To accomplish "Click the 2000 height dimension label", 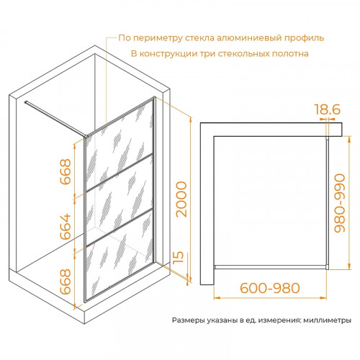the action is pos(181,199).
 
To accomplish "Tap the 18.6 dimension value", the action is pos(328,109).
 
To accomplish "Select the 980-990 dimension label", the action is pos(340,203).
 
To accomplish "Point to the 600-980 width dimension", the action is pos(270,288).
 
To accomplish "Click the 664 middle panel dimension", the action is pos(66,227).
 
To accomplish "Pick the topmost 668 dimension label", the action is pos(66,171).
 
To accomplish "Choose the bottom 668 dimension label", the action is pos(66,282).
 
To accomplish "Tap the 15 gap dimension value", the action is pos(178,257).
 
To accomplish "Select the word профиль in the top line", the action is pos(305,38).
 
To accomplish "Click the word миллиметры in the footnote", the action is pos(328,320).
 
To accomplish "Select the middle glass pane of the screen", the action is pos(120,199).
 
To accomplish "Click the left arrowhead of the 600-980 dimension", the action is pos(217,298).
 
